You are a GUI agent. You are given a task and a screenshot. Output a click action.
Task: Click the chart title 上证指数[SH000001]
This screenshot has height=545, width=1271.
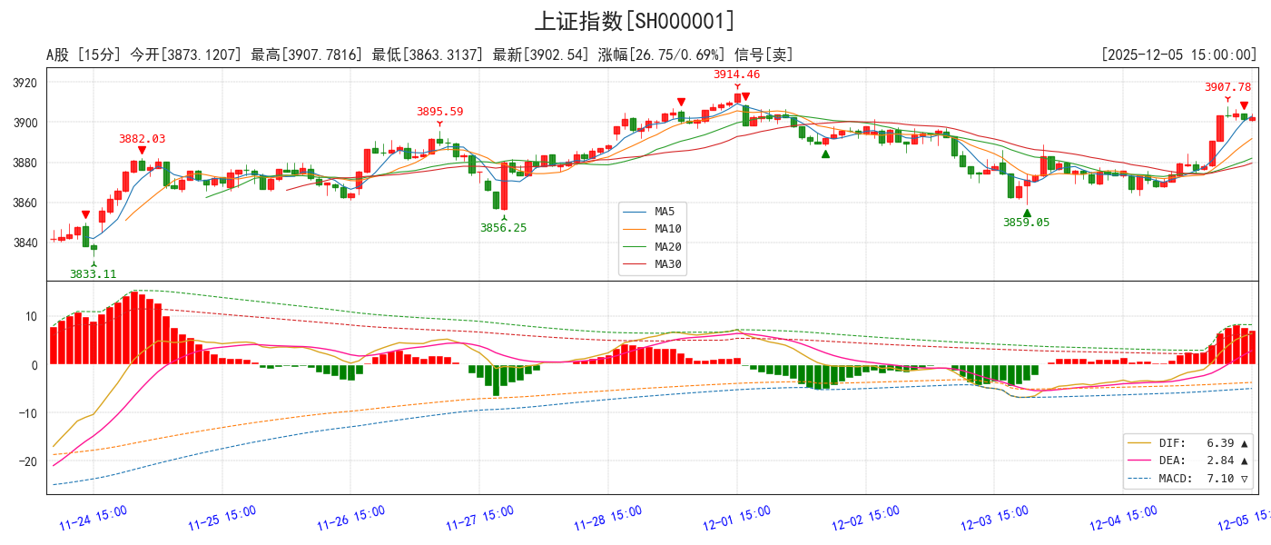point(635,21)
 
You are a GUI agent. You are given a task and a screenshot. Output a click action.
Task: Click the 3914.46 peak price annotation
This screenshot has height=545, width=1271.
point(736,74)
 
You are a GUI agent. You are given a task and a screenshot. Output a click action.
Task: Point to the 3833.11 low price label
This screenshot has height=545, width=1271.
point(94,273)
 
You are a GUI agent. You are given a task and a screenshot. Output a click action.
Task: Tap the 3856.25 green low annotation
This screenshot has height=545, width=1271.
point(504,228)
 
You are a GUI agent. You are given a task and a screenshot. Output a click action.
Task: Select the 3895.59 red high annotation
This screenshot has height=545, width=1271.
point(440,112)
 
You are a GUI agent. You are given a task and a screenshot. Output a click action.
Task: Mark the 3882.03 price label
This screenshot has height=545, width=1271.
point(142,139)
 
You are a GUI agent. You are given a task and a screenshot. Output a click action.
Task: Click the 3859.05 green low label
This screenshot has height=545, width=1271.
point(1026,222)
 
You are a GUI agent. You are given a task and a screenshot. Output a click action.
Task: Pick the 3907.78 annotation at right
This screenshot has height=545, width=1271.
point(1227,87)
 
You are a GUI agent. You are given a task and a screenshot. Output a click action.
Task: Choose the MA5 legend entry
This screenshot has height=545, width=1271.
point(667,212)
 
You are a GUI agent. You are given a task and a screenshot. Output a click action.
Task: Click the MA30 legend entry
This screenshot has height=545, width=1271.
point(667,264)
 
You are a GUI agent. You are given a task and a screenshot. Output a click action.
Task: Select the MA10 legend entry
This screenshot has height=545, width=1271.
point(667,229)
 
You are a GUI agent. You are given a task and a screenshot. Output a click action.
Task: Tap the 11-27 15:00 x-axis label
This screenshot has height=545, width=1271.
point(480,518)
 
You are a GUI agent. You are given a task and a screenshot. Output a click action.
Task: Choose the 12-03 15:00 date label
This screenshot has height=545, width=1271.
point(995,518)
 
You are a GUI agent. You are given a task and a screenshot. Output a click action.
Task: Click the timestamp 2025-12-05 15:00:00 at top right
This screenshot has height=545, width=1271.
point(1178,55)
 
